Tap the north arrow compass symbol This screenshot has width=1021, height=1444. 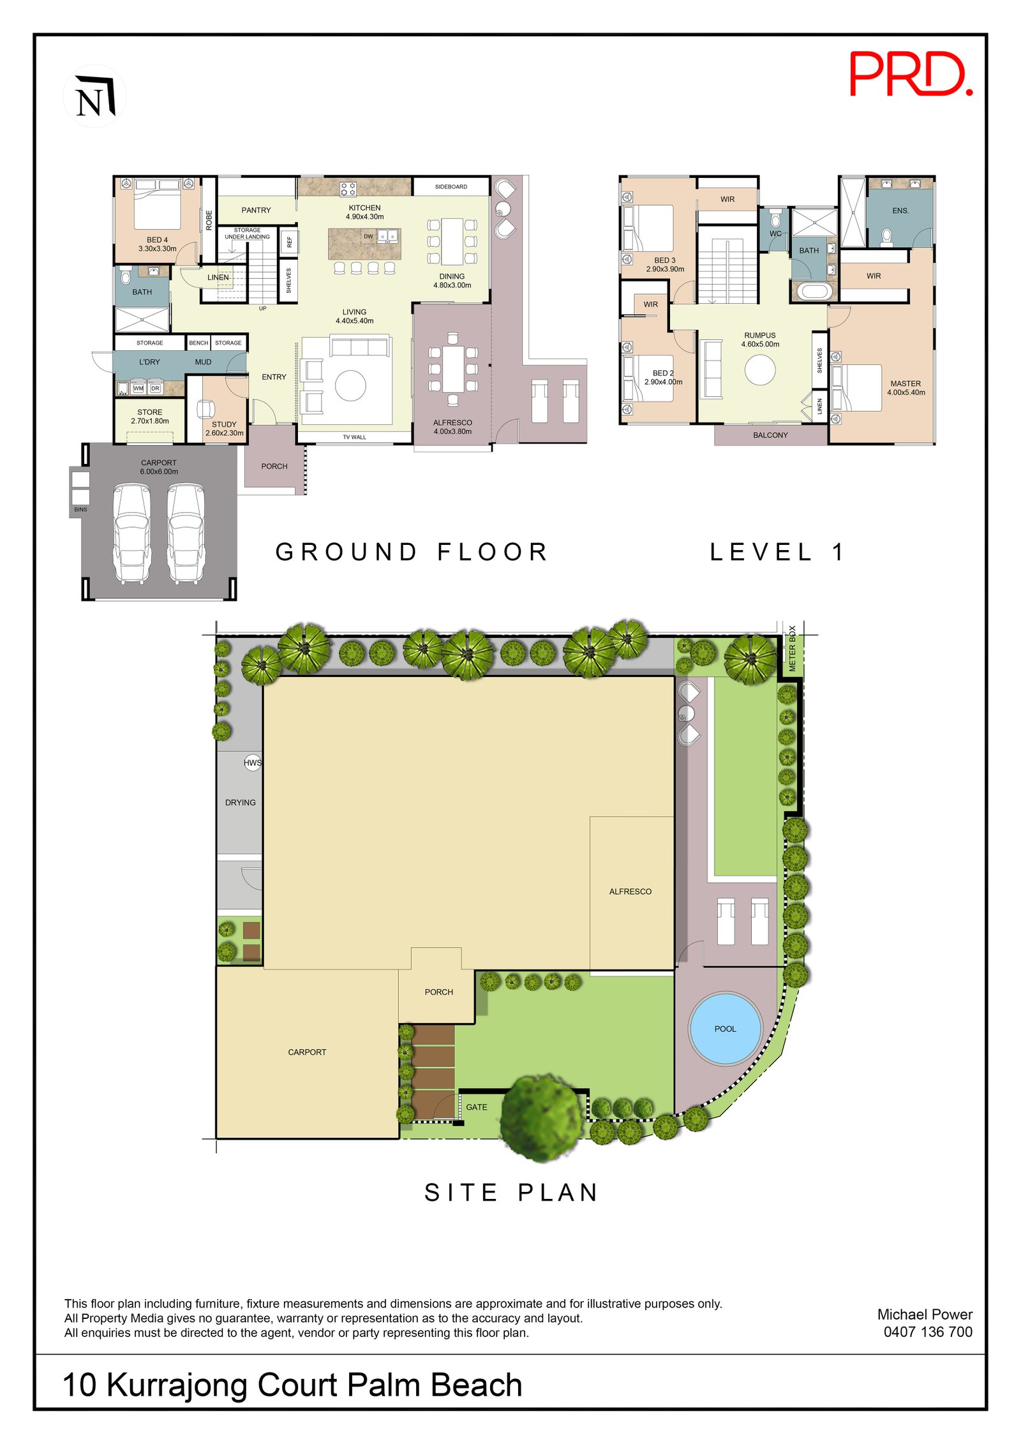click(94, 96)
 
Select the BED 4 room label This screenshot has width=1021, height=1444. click(157, 244)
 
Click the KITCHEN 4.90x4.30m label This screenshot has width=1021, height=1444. click(364, 212)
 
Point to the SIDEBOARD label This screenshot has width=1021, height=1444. click(451, 187)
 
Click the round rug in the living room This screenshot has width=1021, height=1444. click(350, 385)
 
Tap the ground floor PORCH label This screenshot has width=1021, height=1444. click(274, 466)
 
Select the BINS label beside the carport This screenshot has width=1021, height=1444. click(80, 510)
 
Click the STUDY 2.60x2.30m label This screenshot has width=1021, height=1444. click(224, 428)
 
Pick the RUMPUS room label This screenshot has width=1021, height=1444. click(759, 339)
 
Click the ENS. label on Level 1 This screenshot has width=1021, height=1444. click(900, 211)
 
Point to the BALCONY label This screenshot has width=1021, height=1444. click(770, 435)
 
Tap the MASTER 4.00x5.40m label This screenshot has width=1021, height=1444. click(905, 388)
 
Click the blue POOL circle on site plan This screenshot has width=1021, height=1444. click(725, 1029)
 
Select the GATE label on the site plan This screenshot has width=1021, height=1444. click(476, 1107)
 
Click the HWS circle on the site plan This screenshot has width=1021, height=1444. click(253, 763)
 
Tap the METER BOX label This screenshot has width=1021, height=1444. click(792, 648)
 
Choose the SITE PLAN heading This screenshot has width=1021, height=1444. click(511, 1193)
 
